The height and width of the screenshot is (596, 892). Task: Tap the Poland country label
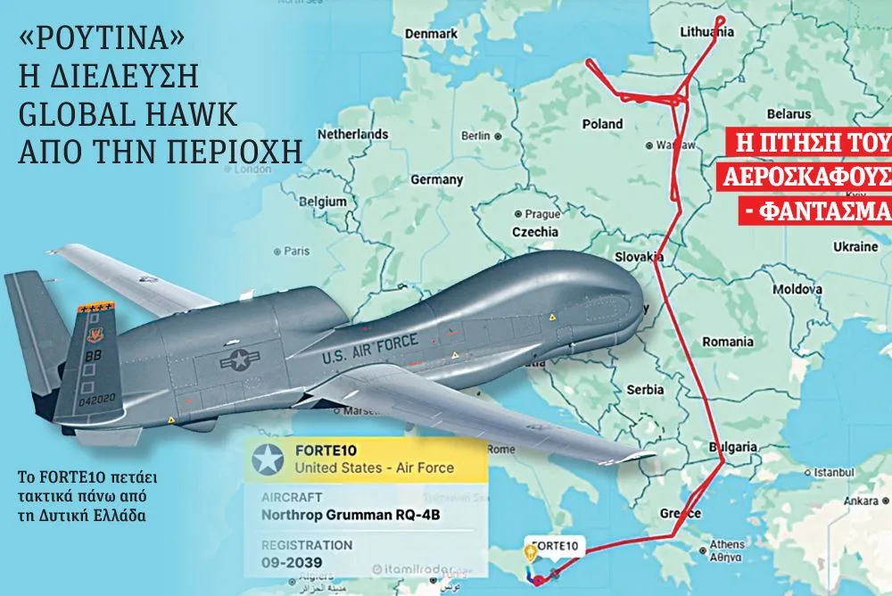pos(603,124)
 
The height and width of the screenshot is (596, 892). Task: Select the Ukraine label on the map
pos(855,244)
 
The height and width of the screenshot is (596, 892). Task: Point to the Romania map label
pos(728,342)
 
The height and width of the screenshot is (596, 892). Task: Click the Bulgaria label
pos(734,447)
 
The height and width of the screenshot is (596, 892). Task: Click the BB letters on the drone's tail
pos(92,352)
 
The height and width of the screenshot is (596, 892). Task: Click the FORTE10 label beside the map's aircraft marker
pos(554,545)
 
